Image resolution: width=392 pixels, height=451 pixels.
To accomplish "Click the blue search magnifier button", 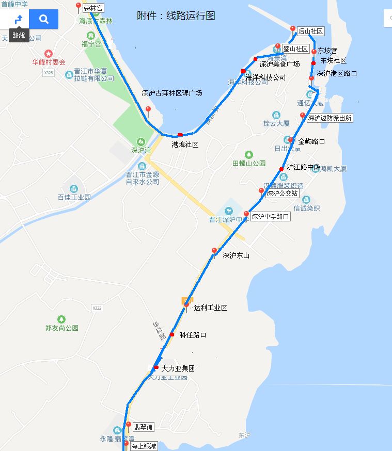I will [x=43, y=20].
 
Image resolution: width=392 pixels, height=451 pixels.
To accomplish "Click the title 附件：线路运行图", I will [x=176, y=15].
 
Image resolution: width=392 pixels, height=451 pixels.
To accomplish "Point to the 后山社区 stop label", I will [x=310, y=31].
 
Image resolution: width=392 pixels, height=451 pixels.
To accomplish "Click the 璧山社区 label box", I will [x=295, y=49].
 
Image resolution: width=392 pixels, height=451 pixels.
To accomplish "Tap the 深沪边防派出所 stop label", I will [x=330, y=118].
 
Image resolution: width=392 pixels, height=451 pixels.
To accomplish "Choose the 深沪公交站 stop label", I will [x=282, y=194].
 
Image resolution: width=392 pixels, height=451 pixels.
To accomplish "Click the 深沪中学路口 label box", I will [x=270, y=217].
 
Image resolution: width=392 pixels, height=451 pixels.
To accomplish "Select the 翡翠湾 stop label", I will [x=143, y=427].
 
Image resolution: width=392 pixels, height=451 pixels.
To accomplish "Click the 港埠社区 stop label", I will [x=185, y=145].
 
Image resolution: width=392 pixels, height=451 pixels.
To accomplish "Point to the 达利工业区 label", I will [x=210, y=308].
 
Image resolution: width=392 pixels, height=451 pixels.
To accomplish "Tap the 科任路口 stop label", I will [x=193, y=335].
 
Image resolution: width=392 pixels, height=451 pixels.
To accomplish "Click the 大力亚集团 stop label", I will [x=178, y=369].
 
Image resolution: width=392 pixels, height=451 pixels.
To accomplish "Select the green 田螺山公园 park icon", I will [x=249, y=154].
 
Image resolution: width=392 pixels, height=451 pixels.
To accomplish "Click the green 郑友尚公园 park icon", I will [x=61, y=319].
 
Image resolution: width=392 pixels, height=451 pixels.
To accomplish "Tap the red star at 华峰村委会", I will [x=49, y=54].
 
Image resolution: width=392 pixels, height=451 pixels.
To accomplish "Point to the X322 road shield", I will [x=97, y=308].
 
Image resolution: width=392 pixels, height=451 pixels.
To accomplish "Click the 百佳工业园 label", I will [x=74, y=197].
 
